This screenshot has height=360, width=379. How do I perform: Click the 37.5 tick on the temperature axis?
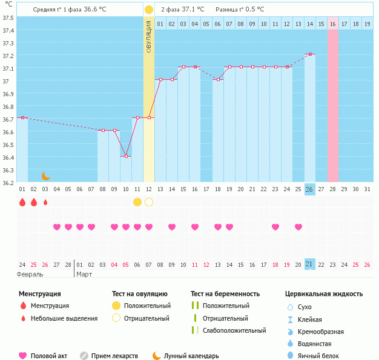[x=7, y=17]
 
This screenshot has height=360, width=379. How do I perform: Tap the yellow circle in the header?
[x=149, y=10]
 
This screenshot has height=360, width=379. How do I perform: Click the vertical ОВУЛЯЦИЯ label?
[x=149, y=36]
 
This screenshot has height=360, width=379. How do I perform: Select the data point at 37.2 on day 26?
[x=310, y=54]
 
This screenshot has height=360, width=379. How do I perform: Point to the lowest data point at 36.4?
[x=126, y=156]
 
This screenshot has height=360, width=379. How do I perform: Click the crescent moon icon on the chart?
[x=45, y=175]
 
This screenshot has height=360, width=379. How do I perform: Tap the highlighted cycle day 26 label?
[x=309, y=189]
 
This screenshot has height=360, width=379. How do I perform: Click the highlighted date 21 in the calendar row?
[x=309, y=264]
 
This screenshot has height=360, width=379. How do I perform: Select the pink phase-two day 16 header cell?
[x=333, y=24]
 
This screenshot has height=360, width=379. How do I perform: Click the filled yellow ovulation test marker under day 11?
[x=137, y=201]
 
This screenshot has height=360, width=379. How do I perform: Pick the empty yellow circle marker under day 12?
[x=149, y=201]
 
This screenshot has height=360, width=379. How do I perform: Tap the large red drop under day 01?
[x=22, y=202]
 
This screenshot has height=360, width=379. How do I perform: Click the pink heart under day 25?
[x=298, y=227]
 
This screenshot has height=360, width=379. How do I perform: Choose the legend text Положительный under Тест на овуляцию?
[x=147, y=306]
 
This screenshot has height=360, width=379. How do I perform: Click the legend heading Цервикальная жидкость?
[x=324, y=293]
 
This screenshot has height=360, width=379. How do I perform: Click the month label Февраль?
[x=30, y=274]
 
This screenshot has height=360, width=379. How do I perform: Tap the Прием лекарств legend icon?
[x=84, y=356]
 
